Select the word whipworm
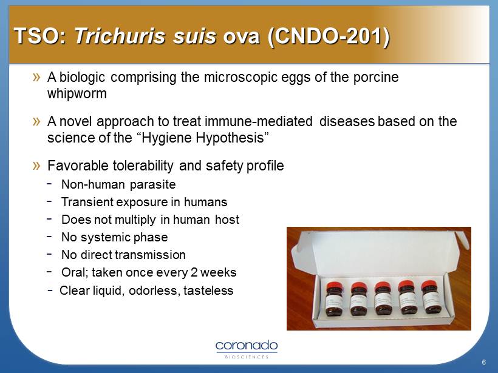point(77,94)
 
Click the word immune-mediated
point(259,121)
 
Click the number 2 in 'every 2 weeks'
point(194,272)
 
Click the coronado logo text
point(247,346)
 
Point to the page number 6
point(483,362)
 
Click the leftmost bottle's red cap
point(333,287)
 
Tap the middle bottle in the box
point(382,298)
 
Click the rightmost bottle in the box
point(431,297)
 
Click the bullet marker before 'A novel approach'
point(36,121)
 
